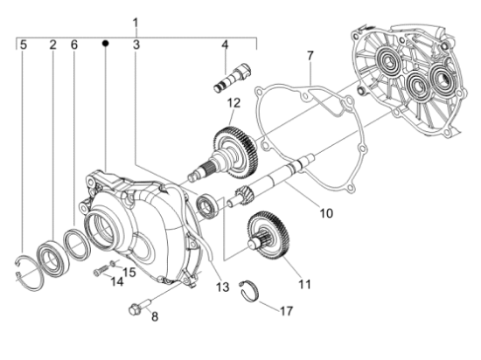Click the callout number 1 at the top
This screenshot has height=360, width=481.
coord(136,20)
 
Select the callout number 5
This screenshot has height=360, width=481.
coord(24,44)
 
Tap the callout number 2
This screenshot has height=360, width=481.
coord(52,44)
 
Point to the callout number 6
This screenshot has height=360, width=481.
coord(74,44)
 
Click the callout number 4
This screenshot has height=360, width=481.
coord(225,44)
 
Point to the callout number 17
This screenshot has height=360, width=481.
coord(286,310)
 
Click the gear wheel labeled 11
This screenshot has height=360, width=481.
coord(266,236)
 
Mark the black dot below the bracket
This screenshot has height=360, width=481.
coord(105,43)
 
